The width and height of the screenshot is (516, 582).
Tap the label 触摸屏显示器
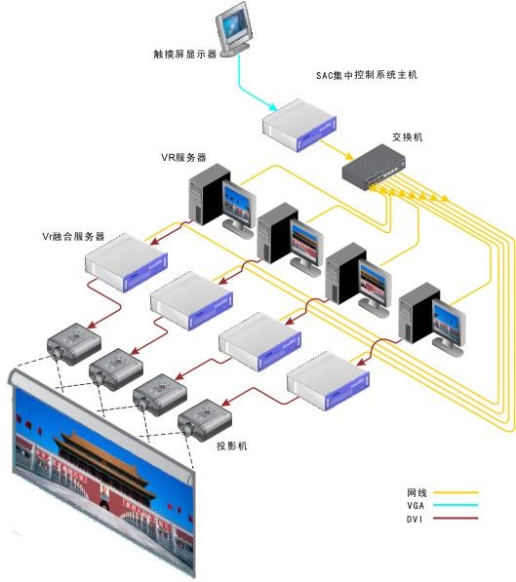[185, 55]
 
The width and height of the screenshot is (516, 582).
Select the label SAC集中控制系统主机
[367, 75]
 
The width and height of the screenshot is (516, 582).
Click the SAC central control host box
[299, 125]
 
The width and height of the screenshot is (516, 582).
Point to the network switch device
[374, 167]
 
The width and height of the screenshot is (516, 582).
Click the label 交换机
[408, 136]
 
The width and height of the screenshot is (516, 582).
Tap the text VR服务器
[183, 157]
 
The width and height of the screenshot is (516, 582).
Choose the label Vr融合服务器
[73, 237]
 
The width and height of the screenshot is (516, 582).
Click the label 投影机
[232, 446]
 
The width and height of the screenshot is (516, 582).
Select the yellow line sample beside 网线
[456, 492]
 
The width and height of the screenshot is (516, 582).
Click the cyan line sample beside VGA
[456, 505]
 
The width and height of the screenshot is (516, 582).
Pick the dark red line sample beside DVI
[456, 518]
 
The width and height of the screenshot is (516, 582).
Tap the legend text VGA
[416, 506]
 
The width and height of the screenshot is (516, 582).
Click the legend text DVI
[415, 519]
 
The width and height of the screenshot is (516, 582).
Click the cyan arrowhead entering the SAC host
[273, 107]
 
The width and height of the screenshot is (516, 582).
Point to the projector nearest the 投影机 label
[205, 420]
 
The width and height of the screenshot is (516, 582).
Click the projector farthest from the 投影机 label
[74, 343]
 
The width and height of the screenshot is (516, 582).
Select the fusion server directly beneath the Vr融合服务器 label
[126, 263]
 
